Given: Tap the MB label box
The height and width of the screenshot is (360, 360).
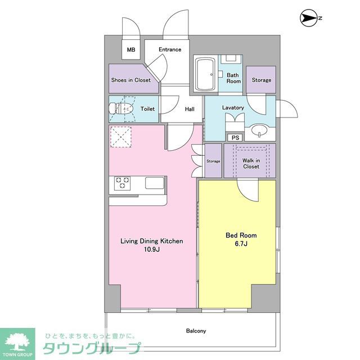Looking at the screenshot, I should [x=130, y=50].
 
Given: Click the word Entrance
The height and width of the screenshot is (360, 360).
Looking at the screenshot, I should [x=170, y=49].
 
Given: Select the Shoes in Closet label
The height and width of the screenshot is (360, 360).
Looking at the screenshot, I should [x=130, y=80].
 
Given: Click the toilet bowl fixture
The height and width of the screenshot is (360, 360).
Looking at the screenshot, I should [x=127, y=109].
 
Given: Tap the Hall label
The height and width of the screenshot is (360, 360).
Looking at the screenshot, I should [x=190, y=109].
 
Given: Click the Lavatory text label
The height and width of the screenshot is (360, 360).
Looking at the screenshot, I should [x=233, y=107].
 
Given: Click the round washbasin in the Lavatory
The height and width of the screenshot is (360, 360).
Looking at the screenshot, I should [x=260, y=130].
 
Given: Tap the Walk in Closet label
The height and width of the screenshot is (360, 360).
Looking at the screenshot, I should [x=250, y=163].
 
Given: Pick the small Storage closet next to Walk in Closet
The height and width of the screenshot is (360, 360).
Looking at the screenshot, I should [x=213, y=161].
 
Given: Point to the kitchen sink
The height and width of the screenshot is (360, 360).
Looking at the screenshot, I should [x=154, y=183].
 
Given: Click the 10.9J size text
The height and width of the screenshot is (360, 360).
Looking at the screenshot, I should [x=152, y=249].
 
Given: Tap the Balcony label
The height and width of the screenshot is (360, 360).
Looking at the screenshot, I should [x=196, y=331].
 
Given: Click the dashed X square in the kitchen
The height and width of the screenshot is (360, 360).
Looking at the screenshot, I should [x=120, y=137].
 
